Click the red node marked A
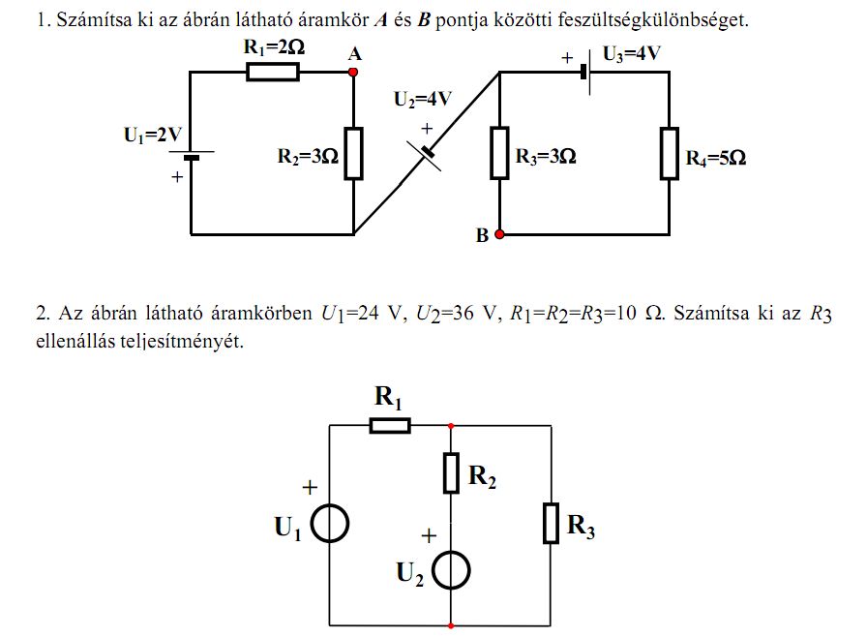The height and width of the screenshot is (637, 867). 353,72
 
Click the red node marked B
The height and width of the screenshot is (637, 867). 499,234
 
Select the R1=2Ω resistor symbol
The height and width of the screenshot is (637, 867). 273,72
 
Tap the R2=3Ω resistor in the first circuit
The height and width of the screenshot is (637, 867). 353,153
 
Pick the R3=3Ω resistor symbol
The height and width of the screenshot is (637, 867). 499,153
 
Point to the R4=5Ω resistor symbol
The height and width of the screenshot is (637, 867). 669,153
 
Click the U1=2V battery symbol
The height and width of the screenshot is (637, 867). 192,154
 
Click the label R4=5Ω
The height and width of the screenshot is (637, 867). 716,159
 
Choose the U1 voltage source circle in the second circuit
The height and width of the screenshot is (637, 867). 331,524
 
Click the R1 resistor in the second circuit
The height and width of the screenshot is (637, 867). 389,425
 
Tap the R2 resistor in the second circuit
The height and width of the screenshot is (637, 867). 452,472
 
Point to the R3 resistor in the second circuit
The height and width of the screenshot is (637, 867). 551,523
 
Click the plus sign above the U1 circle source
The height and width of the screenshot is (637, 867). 310,489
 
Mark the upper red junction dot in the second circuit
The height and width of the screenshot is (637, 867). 452,425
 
